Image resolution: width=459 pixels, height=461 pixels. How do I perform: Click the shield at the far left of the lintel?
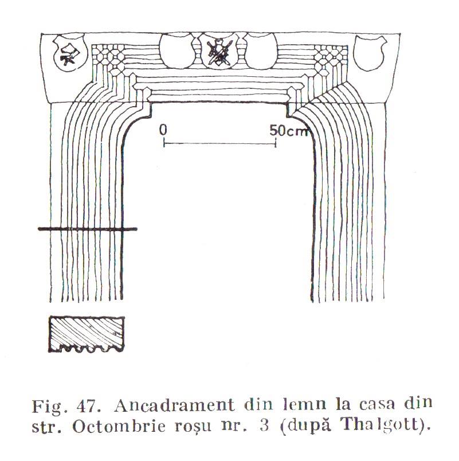(x=70, y=53)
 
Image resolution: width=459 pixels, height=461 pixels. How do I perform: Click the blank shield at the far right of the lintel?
(x=370, y=53)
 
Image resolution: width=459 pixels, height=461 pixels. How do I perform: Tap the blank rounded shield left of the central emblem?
(x=177, y=50)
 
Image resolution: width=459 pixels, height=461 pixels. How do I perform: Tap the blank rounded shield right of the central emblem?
(x=260, y=50)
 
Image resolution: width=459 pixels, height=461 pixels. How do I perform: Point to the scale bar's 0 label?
(x=163, y=130)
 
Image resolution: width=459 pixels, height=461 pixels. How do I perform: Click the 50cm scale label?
(x=289, y=131)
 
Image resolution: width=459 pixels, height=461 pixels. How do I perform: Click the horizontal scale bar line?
(x=220, y=144)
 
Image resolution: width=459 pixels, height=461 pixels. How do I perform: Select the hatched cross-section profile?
(x=87, y=334)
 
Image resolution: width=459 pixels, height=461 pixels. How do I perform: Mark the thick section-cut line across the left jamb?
(x=88, y=229)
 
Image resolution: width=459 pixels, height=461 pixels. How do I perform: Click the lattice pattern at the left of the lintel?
(x=108, y=60)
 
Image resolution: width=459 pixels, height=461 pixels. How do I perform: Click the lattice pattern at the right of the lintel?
(x=331, y=60)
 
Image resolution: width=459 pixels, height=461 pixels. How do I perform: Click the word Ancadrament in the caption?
(x=175, y=405)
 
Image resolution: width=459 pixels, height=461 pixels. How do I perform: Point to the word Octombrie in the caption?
(x=119, y=426)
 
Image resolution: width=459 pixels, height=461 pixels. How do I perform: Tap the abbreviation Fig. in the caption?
(x=47, y=407)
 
